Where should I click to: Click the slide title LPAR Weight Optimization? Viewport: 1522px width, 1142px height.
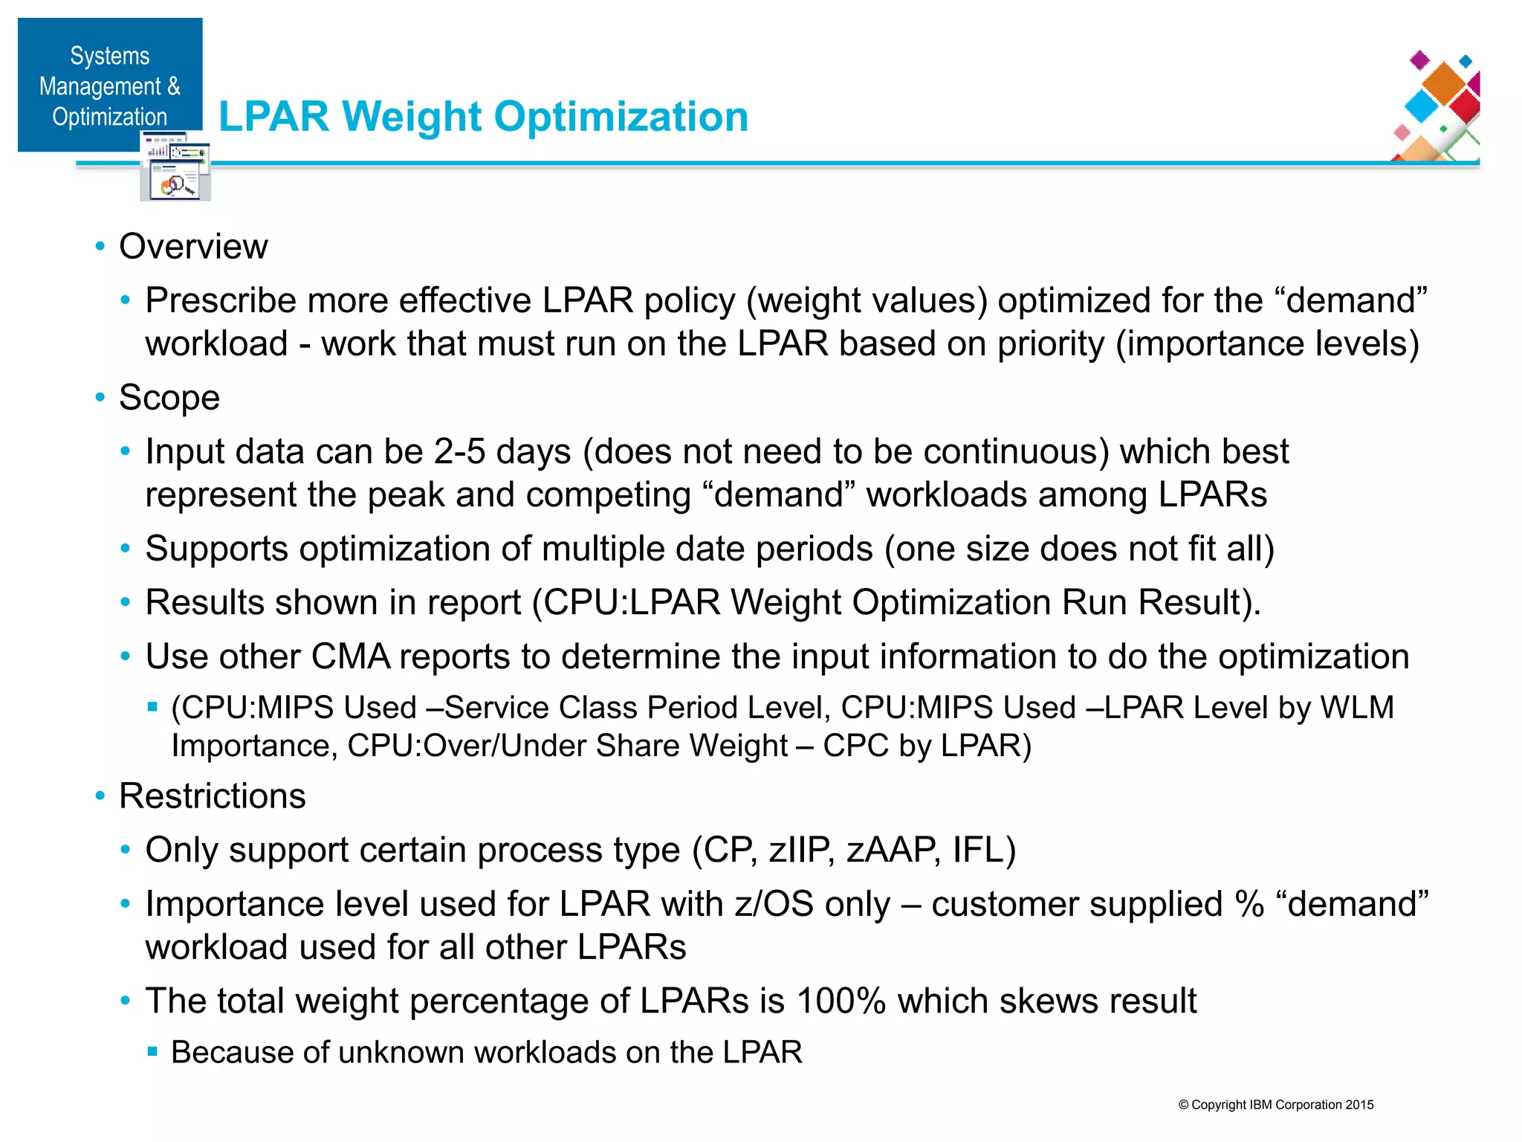[483, 117]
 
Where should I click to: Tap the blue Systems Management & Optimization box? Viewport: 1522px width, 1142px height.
[110, 85]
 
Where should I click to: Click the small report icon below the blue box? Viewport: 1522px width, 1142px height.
[175, 168]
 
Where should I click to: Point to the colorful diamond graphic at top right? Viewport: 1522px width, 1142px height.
[1437, 105]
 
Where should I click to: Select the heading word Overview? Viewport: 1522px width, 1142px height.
[193, 247]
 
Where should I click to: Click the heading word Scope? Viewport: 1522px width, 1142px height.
[169, 398]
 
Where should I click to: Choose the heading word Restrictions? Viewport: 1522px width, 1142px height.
[213, 796]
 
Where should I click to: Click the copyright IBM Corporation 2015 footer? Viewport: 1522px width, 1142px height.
[1275, 1105]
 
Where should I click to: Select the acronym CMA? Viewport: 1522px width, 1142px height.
[351, 657]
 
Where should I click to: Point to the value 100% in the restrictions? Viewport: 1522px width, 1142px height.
[841, 1001]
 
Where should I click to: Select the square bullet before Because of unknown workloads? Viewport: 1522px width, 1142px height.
[152, 1052]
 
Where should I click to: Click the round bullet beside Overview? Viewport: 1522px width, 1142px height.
[100, 247]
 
